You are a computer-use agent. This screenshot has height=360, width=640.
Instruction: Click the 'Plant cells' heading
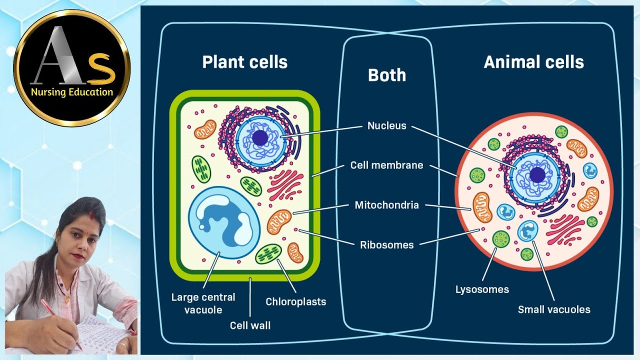point(244,62)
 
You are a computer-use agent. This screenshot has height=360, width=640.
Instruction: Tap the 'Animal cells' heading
point(533,62)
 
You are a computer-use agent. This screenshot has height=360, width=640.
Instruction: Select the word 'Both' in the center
point(387,75)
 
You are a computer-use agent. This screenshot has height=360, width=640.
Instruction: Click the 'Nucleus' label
point(387,126)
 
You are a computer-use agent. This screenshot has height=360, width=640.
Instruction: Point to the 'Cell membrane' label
point(386,165)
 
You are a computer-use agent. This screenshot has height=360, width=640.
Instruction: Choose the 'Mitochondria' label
point(386,205)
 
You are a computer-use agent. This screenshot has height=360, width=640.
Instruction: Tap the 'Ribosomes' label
point(386,245)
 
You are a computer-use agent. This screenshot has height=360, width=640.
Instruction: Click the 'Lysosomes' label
point(482,289)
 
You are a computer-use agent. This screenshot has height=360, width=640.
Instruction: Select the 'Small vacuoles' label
point(554,309)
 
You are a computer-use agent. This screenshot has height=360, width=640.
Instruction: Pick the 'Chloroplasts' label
point(295,301)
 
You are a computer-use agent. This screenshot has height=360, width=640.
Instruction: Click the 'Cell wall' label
point(250,325)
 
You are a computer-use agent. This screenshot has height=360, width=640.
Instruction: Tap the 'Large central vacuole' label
point(203,303)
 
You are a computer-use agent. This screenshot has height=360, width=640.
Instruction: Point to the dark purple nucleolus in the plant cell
point(260,138)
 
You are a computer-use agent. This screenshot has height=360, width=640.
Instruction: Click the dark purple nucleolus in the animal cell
point(537,175)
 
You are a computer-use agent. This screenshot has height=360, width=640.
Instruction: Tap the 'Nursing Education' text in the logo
point(72,92)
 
